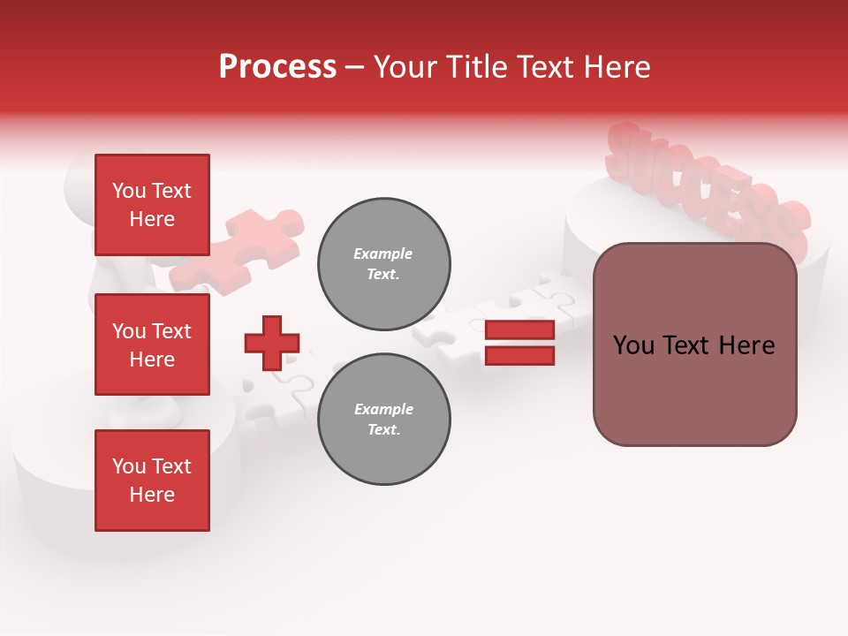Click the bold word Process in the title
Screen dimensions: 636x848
277,67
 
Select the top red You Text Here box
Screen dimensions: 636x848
152,205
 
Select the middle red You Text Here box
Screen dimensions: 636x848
152,344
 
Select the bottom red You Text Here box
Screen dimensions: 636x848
152,480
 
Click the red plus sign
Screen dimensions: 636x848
272,343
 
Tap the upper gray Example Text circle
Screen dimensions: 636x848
383,264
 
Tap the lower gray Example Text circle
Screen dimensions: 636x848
383,420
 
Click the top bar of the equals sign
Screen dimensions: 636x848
519,329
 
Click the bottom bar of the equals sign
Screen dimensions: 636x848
519,355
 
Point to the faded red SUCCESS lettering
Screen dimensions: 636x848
707,190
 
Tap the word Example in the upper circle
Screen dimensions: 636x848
383,254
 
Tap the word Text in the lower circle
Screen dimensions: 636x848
383,430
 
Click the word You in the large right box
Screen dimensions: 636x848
633,345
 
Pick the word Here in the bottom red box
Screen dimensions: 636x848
152,495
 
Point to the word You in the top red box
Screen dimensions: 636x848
129,191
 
